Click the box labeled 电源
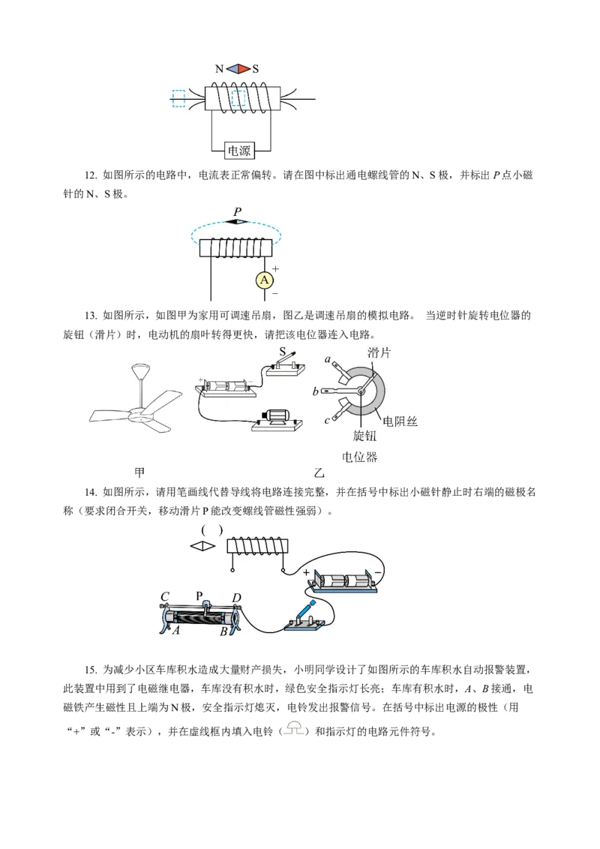[x=238, y=151]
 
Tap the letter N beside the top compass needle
[x=219, y=69]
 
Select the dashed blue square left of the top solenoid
[x=178, y=98]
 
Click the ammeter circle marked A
[x=264, y=280]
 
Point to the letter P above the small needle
[x=237, y=211]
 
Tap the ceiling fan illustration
[x=136, y=400]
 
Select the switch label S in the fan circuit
[x=282, y=352]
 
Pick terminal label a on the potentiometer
[x=328, y=359]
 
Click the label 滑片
[x=379, y=353]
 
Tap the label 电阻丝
[x=400, y=421]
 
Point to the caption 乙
[x=319, y=472]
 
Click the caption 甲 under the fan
[x=139, y=472]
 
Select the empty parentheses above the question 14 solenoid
[x=211, y=530]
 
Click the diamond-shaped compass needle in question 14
[x=203, y=546]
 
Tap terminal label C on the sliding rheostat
[x=165, y=597]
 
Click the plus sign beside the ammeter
[x=276, y=268]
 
